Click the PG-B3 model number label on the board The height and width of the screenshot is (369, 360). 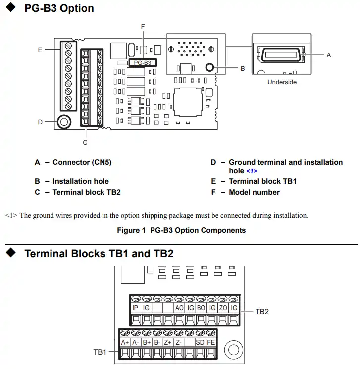(143, 63)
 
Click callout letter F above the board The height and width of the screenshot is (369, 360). (143, 26)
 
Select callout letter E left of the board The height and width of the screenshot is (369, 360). (40, 50)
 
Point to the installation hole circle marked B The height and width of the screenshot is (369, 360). (209, 68)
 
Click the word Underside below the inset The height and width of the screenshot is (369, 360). (282, 82)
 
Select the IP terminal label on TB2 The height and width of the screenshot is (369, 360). (135, 308)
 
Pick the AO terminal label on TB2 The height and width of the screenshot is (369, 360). (180, 308)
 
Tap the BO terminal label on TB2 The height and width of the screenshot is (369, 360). (201, 308)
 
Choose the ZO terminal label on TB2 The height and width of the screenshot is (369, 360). (223, 308)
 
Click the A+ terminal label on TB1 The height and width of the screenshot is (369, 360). (125, 342)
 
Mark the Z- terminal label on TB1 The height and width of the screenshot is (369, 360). (179, 342)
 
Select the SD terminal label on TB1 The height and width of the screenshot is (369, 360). (200, 342)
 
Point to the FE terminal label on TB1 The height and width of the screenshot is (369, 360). (211, 342)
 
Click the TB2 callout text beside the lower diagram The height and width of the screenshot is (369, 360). (262, 312)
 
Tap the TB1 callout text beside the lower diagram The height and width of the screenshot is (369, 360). (100, 352)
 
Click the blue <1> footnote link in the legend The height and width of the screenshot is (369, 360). (252, 171)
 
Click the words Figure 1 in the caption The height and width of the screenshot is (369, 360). (131, 230)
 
